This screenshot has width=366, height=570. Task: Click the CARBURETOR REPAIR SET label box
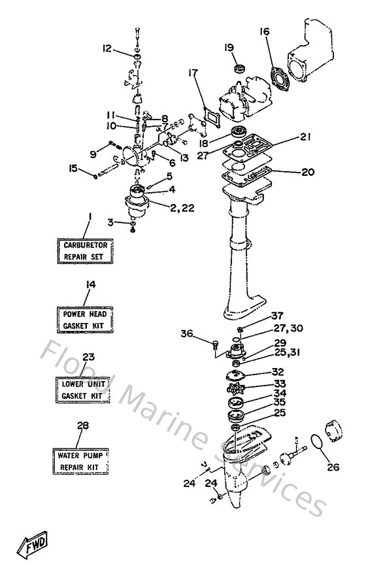click(86, 250)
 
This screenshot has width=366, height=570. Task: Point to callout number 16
click(264, 32)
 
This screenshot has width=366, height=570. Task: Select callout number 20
click(290, 173)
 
